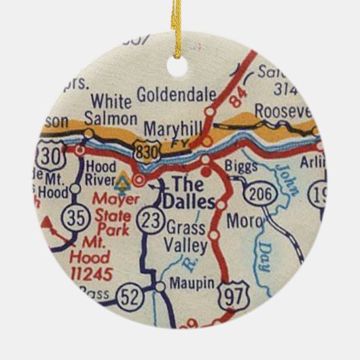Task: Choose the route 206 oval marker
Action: coord(262,193)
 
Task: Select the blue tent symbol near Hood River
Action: coord(122,182)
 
